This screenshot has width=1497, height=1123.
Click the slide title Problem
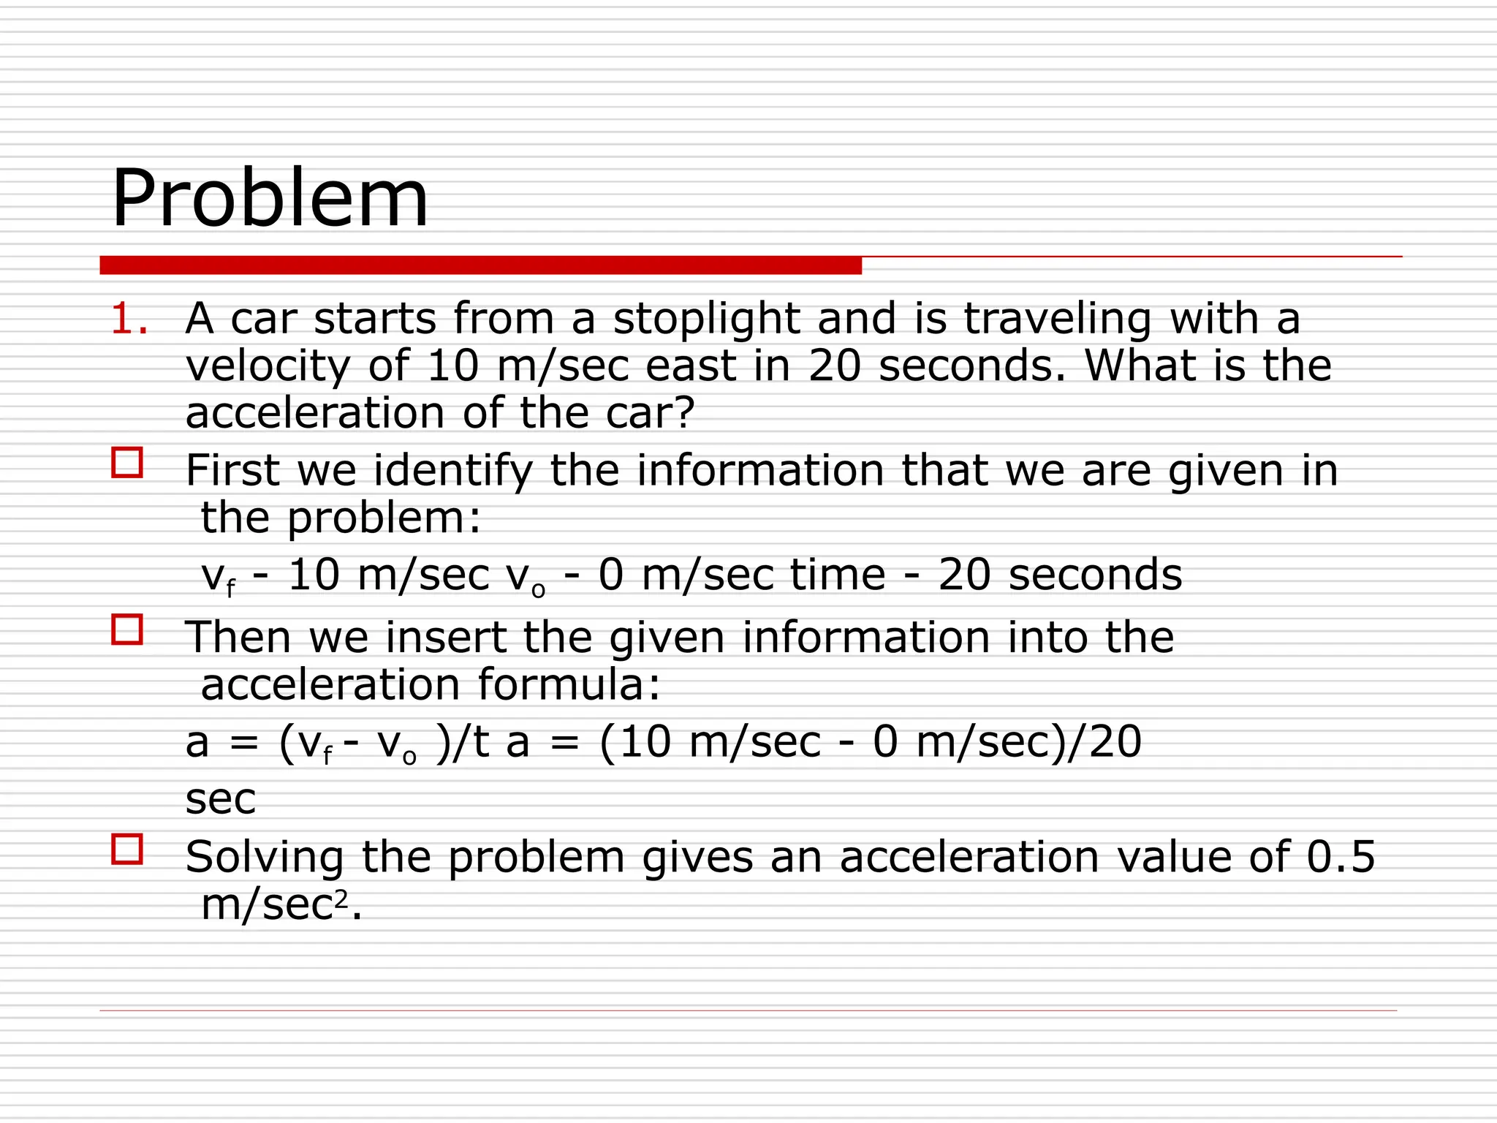[270, 199]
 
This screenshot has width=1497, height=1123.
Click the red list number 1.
[129, 319]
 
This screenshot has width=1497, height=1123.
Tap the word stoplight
[706, 319]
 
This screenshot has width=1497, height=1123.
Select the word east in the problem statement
[691, 366]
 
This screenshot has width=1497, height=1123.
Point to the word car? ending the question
[650, 413]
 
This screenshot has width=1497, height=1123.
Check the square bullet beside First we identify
[127, 463]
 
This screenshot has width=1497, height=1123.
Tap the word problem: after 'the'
[384, 518]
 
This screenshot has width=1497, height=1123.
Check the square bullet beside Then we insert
[127, 629]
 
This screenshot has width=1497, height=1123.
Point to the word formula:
[569, 685]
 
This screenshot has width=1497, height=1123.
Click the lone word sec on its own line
[221, 799]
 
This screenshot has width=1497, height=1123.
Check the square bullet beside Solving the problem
[127, 850]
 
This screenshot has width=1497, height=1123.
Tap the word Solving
[265, 858]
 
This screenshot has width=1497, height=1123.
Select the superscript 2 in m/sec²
[341, 898]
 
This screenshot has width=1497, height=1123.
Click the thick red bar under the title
[480, 265]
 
